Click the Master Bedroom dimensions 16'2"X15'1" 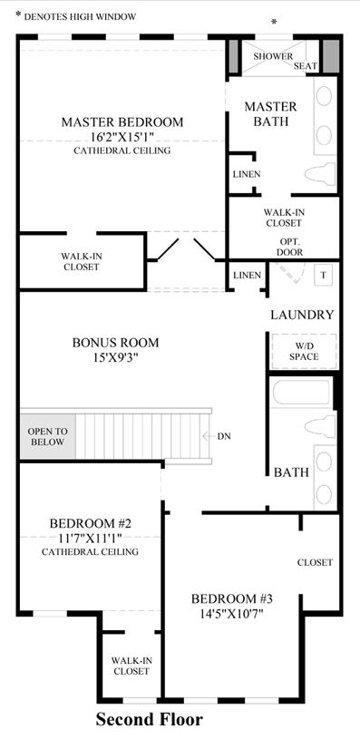click(x=122, y=137)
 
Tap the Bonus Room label click(x=115, y=343)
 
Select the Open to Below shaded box click(x=47, y=436)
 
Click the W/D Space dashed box click(x=304, y=352)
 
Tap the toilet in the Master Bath click(x=320, y=173)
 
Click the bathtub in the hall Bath click(x=301, y=392)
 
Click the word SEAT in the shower click(x=306, y=66)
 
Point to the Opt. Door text click(x=290, y=246)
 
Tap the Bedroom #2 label click(x=90, y=523)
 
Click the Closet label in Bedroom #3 click(x=316, y=562)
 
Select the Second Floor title click(x=150, y=720)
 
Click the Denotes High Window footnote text click(x=80, y=17)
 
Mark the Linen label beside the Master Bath click(x=247, y=174)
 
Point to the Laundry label click(x=302, y=315)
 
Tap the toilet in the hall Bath click(x=320, y=427)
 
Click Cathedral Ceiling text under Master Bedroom click(x=122, y=151)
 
